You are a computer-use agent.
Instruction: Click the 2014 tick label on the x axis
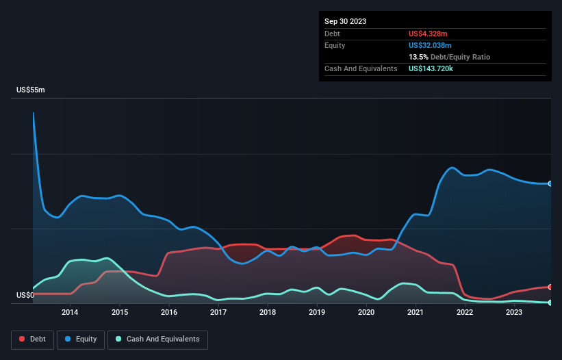(70, 313)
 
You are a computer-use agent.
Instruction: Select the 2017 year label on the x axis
(218, 313)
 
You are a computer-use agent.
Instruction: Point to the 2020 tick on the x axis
(366, 313)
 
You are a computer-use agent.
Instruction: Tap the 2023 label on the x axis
(514, 313)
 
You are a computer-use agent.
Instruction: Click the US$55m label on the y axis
(31, 90)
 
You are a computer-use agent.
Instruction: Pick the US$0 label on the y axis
(25, 296)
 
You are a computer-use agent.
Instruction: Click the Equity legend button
(81, 339)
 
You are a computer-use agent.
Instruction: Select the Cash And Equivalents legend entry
(157, 339)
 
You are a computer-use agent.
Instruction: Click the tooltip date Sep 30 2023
(345, 21)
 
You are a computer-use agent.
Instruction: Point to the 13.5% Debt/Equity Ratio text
(449, 57)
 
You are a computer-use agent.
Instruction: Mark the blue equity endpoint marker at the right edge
(550, 183)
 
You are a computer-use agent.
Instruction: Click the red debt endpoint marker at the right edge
(550, 287)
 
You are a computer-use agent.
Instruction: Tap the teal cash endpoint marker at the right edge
(550, 303)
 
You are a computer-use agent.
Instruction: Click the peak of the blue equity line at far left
(33, 113)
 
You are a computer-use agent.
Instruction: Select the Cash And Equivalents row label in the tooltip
(361, 69)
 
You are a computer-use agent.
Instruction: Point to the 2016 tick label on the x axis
(169, 313)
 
